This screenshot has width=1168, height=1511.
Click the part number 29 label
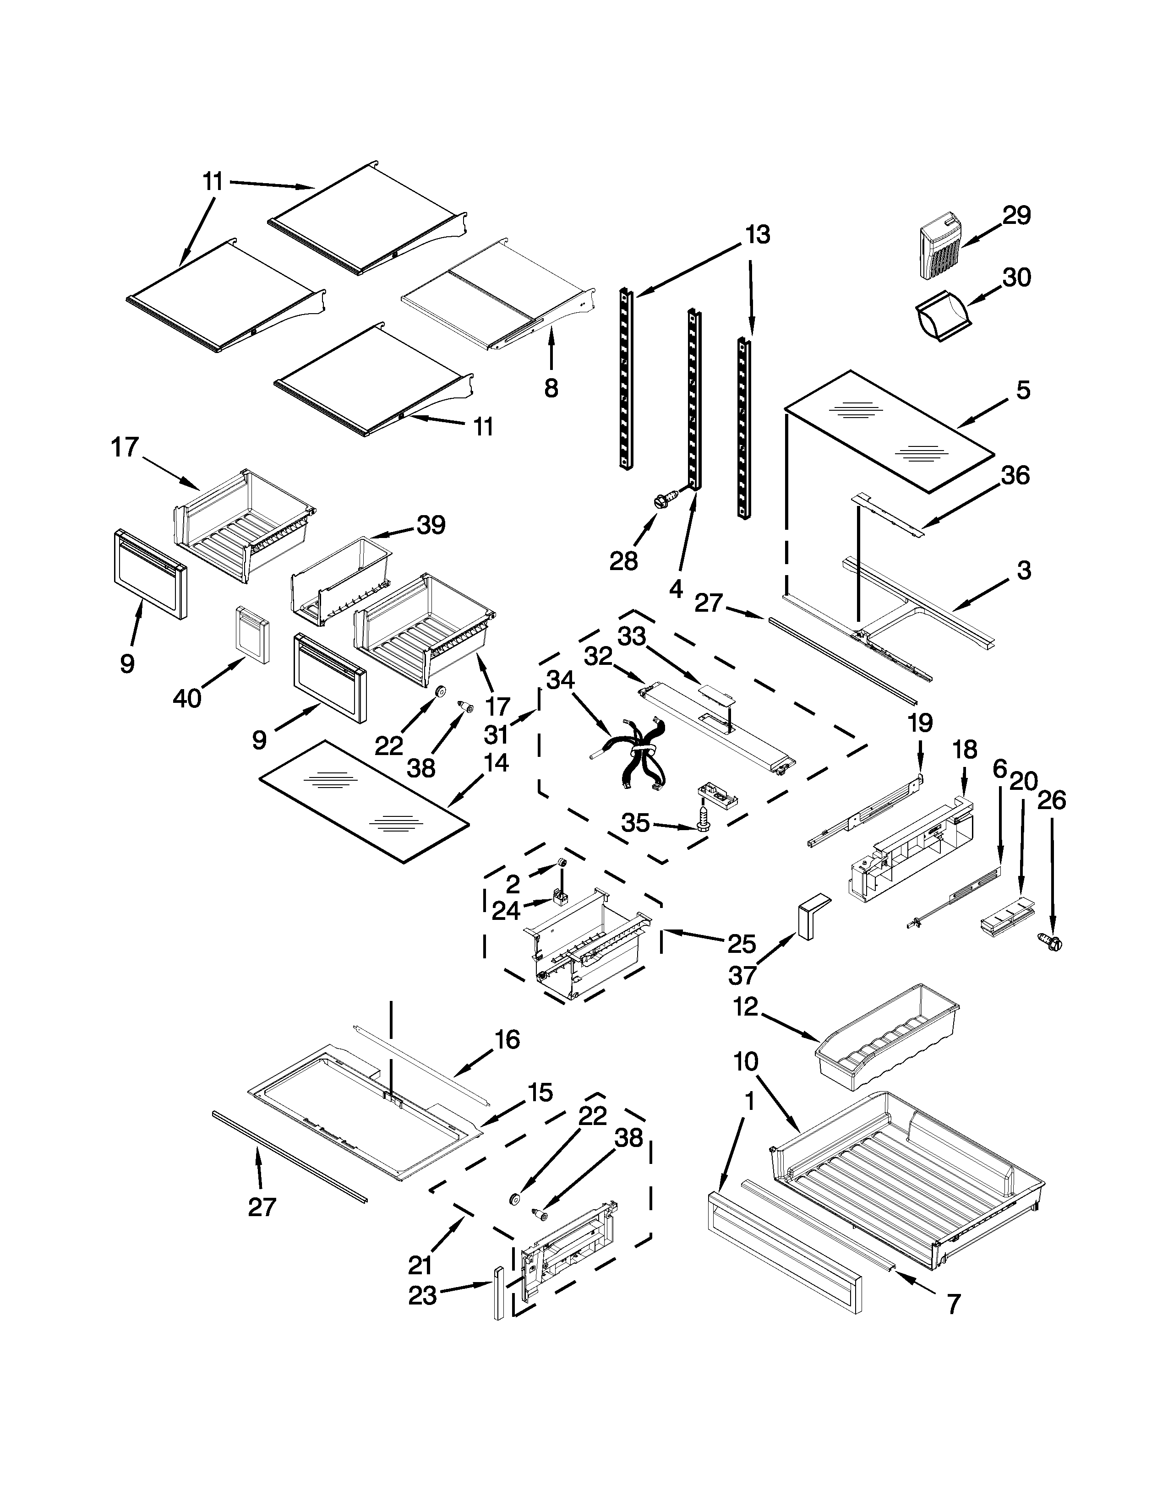1016,215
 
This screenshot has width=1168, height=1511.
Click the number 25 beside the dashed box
742,944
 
